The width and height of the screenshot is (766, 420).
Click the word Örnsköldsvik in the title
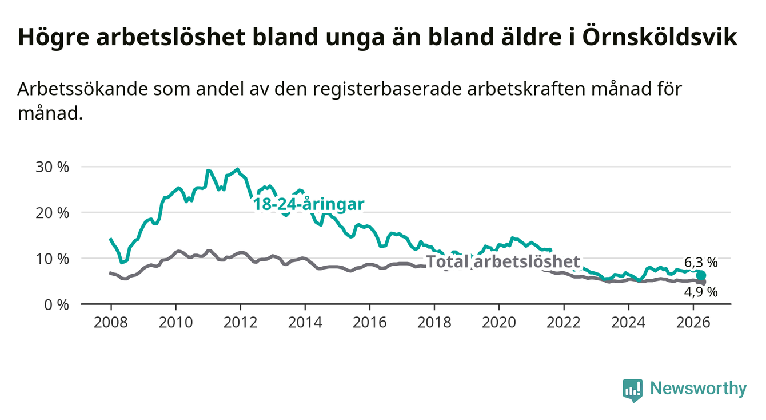660,37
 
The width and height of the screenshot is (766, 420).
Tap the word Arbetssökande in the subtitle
82,89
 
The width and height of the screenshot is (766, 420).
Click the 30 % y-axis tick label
53,167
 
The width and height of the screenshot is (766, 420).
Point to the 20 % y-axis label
53,213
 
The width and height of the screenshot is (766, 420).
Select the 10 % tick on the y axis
53,259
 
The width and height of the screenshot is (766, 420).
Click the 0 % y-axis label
57,304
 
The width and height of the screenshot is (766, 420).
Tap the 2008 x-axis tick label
111,323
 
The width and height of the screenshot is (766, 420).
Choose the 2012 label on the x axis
240,323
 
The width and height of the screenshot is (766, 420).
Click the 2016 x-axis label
370,323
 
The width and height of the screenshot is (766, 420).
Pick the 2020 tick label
499,323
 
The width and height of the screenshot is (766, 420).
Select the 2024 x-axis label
628,323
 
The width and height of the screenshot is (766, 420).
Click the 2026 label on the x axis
693,323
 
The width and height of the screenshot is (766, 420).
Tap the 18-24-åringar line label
309,204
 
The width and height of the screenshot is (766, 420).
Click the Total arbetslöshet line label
504,261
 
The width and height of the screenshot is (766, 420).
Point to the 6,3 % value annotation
701,263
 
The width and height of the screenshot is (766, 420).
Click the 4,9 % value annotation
701,292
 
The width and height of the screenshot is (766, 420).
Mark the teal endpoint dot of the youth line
701,275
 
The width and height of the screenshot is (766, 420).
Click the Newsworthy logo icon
633,390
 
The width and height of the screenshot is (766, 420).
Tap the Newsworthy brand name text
699,389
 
